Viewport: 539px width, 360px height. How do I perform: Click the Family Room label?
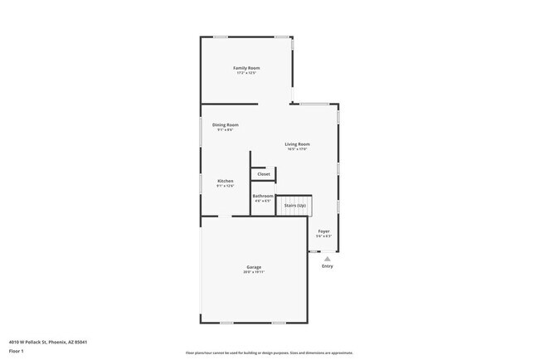(x=246, y=67)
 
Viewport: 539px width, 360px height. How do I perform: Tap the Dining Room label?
(x=226, y=124)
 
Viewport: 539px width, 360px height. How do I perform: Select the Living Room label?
(x=297, y=144)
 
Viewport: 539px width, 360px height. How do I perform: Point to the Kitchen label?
(x=226, y=181)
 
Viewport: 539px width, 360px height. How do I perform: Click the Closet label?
(x=264, y=174)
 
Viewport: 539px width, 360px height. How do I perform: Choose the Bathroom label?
(x=263, y=196)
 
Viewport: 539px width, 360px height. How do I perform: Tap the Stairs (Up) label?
(x=291, y=205)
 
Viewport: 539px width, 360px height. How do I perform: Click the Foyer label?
(x=324, y=231)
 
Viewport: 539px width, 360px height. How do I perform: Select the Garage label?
(x=253, y=267)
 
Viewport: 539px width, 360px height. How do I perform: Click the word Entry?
(x=328, y=266)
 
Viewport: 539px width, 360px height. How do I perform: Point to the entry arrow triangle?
(x=328, y=259)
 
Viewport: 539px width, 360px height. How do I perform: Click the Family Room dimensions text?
(x=246, y=73)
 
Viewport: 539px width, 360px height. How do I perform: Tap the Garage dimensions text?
(x=253, y=272)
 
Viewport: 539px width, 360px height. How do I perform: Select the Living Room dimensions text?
(x=297, y=149)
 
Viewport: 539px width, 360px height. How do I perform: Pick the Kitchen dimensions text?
(x=226, y=186)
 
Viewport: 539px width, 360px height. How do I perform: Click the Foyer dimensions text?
(x=324, y=236)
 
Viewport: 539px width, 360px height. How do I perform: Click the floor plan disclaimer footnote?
(x=269, y=353)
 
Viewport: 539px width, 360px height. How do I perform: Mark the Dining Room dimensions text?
(x=226, y=129)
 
